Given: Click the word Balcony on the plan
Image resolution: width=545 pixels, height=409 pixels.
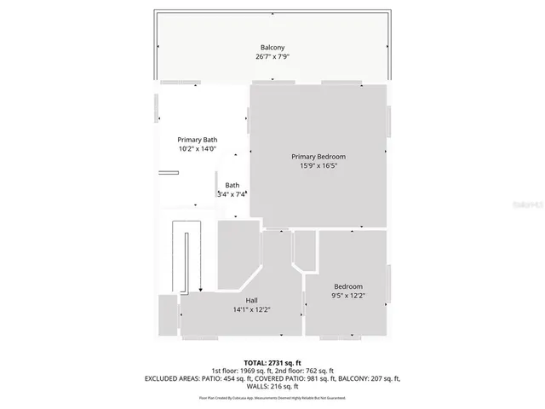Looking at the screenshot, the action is coord(272,47).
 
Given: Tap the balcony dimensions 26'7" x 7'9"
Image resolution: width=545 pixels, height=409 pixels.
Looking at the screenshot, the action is coord(272,56).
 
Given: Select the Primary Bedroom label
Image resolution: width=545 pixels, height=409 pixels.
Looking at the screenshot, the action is coord(318,157).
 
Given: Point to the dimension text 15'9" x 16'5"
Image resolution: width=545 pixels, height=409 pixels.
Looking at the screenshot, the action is coord(318,166).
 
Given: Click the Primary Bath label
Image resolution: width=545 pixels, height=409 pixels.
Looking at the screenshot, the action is coord(198,140).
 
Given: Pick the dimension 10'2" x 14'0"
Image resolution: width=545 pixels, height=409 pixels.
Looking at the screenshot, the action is coord(198,149).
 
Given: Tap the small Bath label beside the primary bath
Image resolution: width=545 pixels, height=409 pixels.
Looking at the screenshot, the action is coord(232,186).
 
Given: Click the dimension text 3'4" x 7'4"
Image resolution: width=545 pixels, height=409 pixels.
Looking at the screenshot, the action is coord(232,194).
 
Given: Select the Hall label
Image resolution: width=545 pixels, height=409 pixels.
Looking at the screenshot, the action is coord(252,301).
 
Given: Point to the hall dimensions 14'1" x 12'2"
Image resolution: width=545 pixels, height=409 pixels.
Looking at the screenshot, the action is coord(252,310).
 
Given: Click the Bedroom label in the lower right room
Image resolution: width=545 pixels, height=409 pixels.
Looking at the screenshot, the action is coord(348,286).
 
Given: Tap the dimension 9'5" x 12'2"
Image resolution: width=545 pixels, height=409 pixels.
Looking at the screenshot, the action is coord(348,296).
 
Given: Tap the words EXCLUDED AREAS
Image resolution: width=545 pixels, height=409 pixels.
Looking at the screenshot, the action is coord(174,378).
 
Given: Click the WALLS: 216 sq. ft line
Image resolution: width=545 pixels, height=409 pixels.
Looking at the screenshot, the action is coord(272,386).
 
